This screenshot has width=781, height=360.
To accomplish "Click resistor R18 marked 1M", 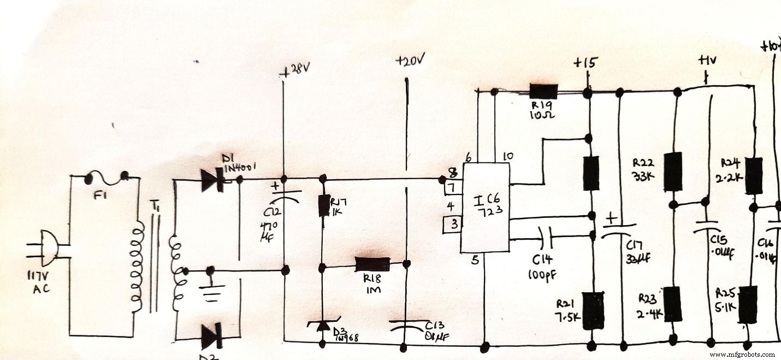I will click(372, 264).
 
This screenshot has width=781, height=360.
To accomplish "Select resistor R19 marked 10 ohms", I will click(543, 92).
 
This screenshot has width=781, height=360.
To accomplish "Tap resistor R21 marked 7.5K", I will click(592, 310).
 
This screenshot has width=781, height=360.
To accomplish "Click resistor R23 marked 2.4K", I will click(674, 304).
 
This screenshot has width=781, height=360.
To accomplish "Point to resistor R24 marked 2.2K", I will click(754, 175).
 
